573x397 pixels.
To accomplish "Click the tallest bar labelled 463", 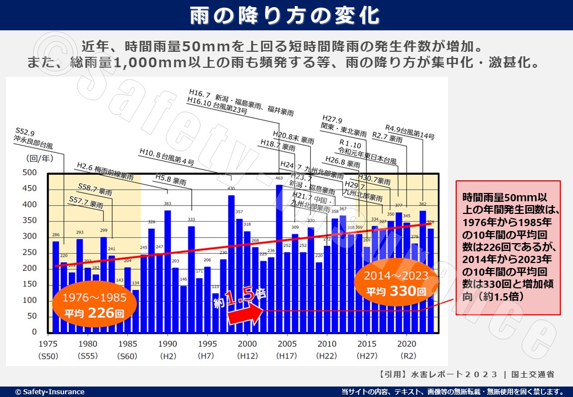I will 279,259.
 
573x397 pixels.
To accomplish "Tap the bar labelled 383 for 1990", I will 167,270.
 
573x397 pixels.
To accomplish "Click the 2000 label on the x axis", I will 247,343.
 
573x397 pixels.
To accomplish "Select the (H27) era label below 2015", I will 367,356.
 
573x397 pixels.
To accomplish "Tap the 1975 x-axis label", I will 48,343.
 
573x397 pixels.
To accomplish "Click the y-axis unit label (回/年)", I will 37,158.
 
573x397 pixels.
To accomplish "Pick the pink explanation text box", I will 507,248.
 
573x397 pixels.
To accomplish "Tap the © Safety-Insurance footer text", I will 50,392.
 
